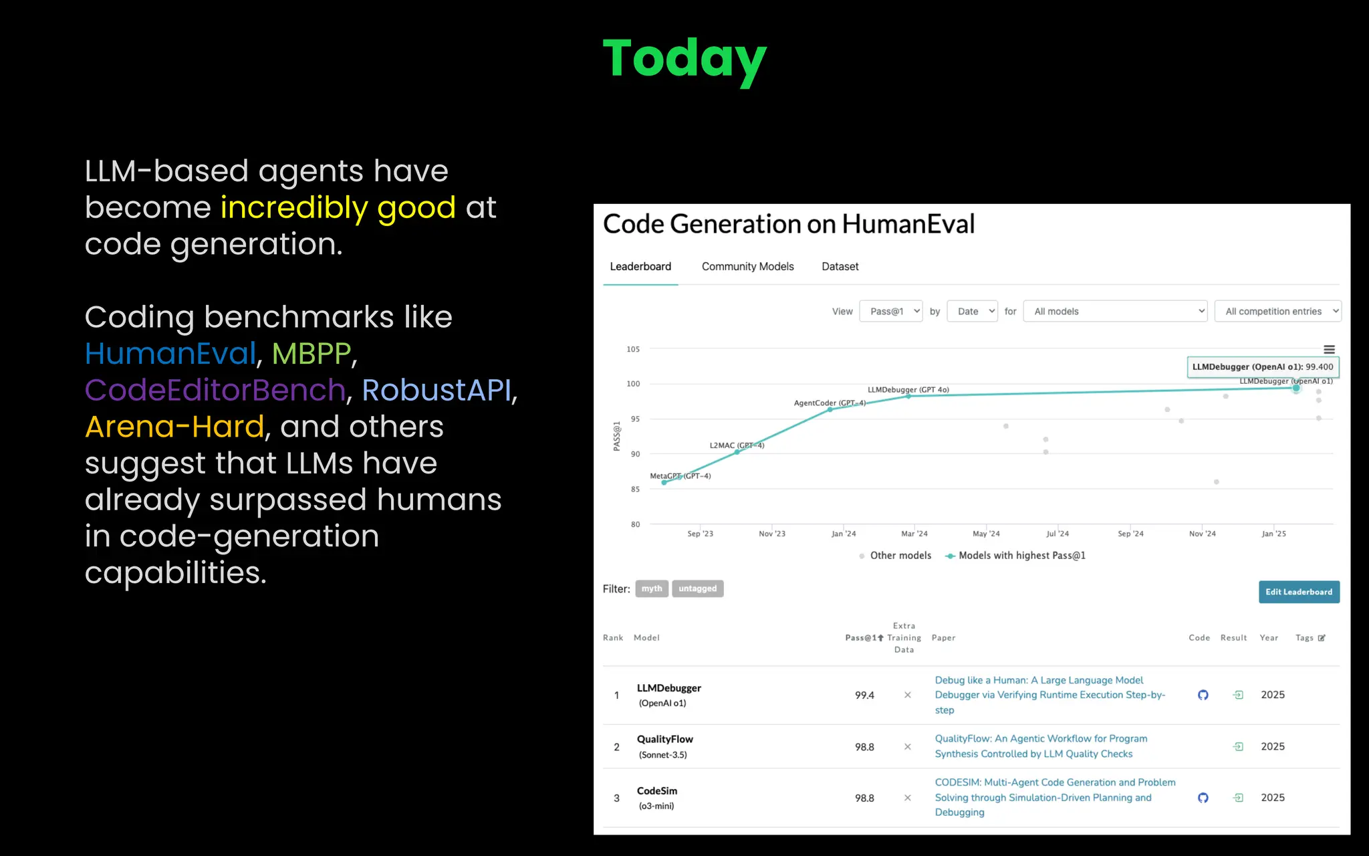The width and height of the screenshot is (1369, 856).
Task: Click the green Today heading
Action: (x=684, y=59)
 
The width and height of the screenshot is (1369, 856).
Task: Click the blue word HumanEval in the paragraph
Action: (x=170, y=353)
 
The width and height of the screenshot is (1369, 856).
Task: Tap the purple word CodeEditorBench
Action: (x=215, y=390)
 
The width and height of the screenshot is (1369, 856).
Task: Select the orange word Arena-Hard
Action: (x=174, y=427)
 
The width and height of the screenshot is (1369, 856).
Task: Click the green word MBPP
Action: (x=311, y=353)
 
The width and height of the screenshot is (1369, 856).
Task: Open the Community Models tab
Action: (x=747, y=266)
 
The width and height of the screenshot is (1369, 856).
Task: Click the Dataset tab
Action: (x=840, y=266)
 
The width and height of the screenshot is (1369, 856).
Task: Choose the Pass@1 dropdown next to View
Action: (x=891, y=311)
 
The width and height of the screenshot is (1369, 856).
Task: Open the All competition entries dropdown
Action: (x=1277, y=311)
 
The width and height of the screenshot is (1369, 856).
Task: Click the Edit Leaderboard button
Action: (x=1298, y=592)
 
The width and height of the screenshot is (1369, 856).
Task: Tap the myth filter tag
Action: (x=651, y=588)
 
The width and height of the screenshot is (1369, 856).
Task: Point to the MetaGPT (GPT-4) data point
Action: (x=664, y=482)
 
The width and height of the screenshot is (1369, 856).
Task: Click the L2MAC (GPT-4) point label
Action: (x=736, y=445)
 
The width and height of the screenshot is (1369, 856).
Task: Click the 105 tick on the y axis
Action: (x=632, y=349)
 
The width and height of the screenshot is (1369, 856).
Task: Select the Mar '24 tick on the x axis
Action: (x=914, y=534)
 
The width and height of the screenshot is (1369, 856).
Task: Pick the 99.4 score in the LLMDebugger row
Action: (x=864, y=695)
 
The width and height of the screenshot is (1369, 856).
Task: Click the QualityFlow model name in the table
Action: (x=664, y=739)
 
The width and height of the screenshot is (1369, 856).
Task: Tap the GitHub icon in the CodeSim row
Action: (x=1203, y=798)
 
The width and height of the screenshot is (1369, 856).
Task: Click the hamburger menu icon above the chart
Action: (x=1329, y=350)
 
